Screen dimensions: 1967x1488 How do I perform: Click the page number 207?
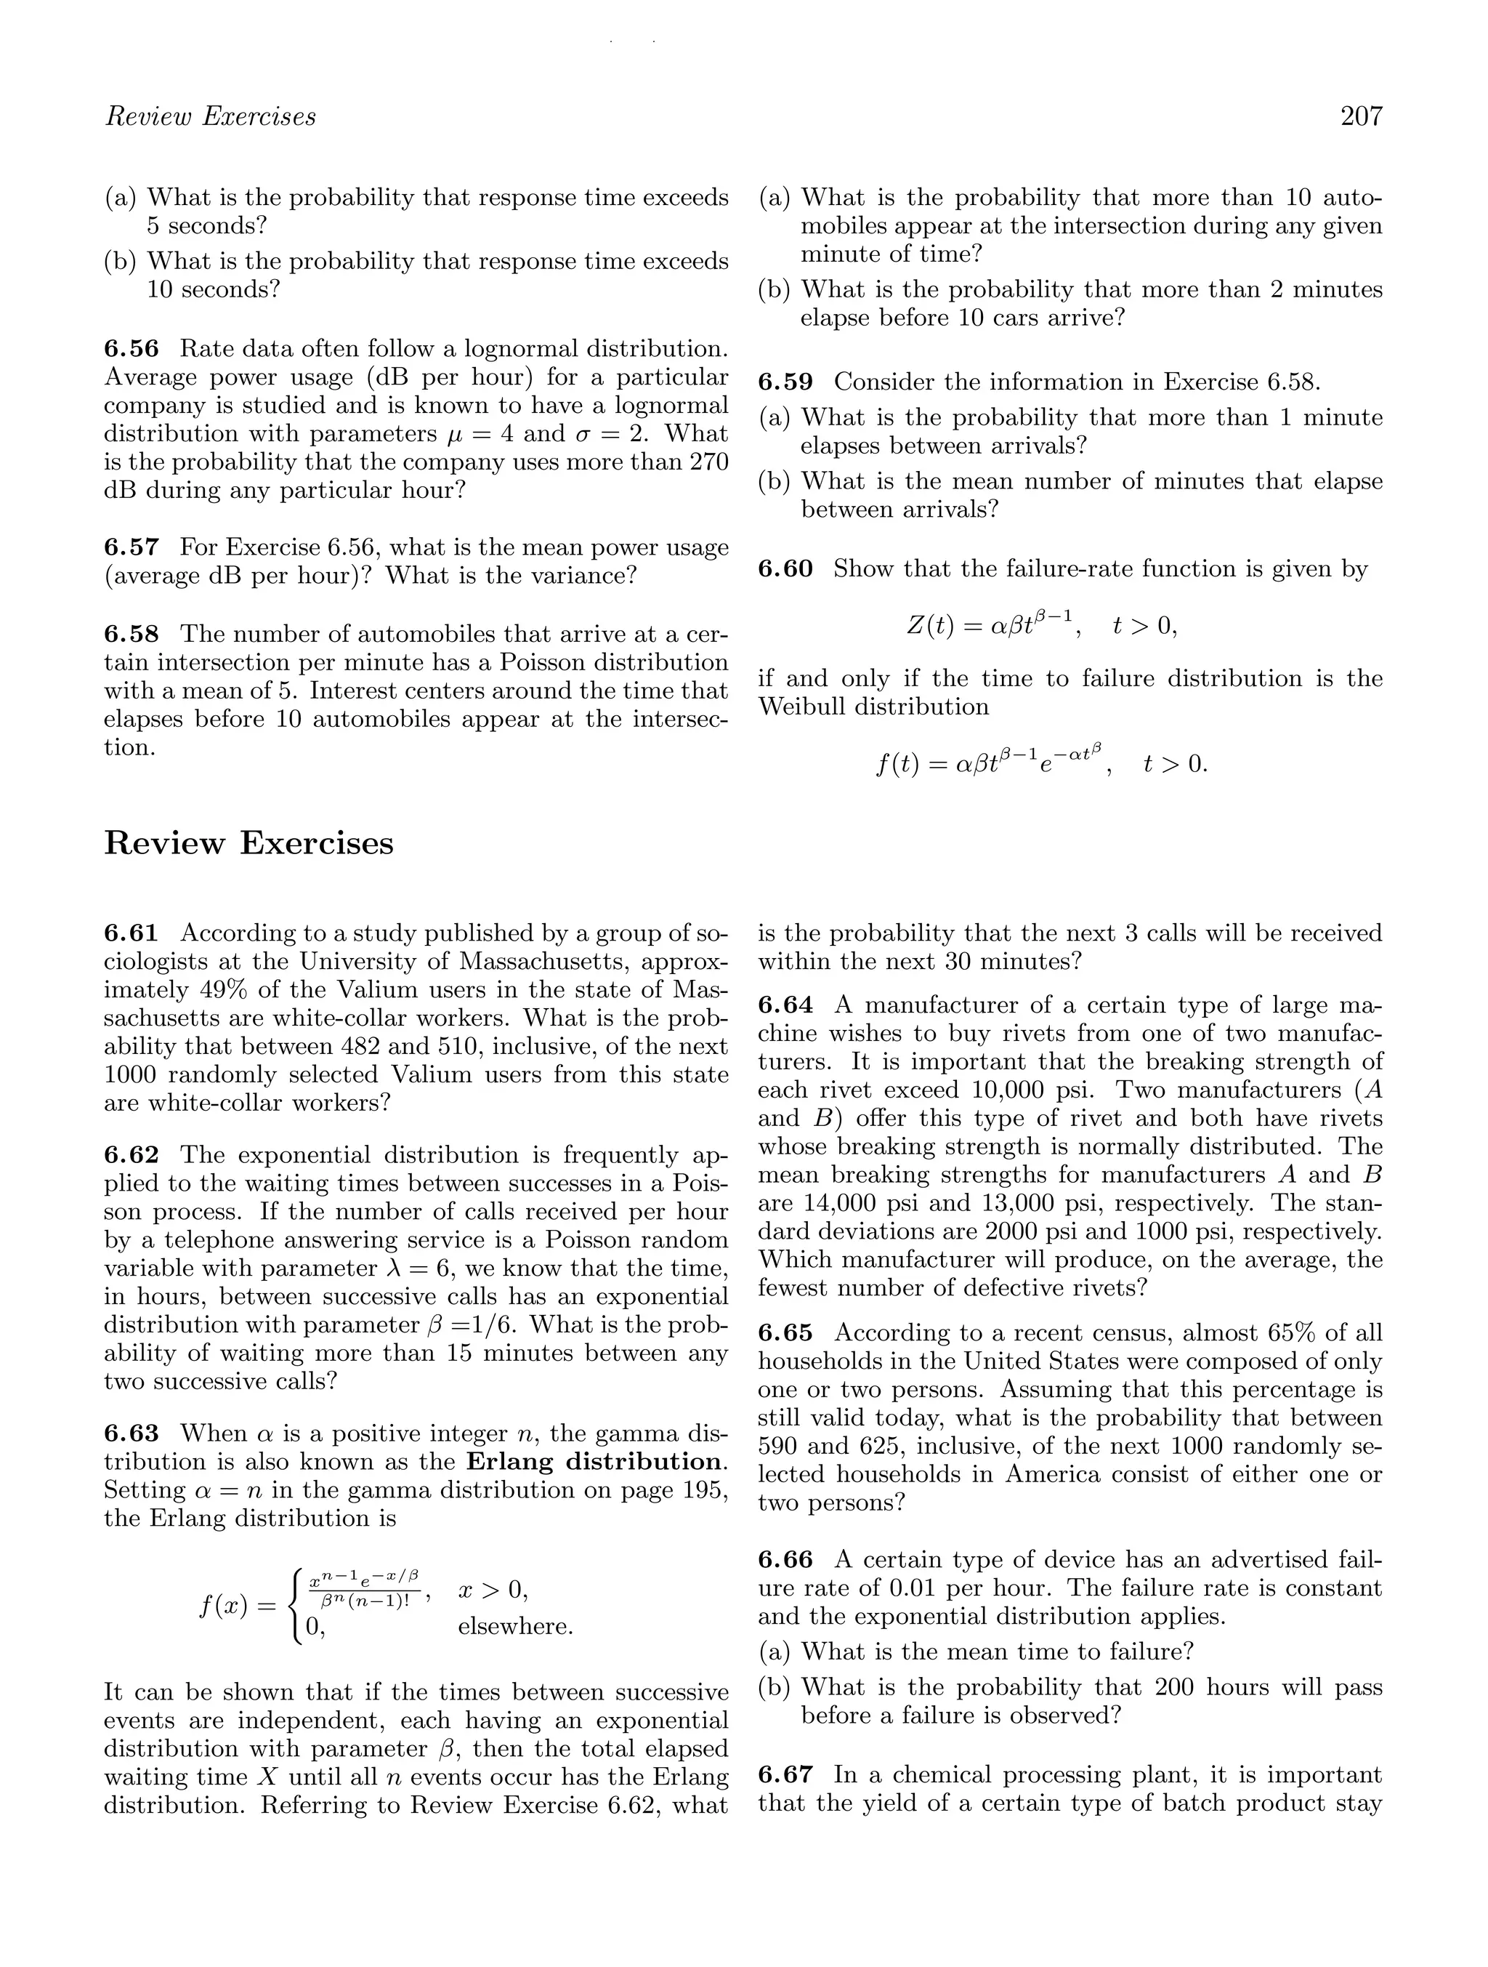coord(1361,116)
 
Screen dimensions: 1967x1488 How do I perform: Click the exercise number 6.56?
coord(131,349)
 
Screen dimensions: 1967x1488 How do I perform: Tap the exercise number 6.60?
coord(785,569)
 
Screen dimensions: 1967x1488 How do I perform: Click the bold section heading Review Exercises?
coord(249,843)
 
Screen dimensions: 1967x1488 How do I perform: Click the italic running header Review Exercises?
coord(211,116)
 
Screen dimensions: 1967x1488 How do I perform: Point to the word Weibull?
coord(802,707)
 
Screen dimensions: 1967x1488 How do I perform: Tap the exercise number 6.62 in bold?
coord(131,1155)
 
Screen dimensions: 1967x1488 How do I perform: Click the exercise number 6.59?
coord(785,382)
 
